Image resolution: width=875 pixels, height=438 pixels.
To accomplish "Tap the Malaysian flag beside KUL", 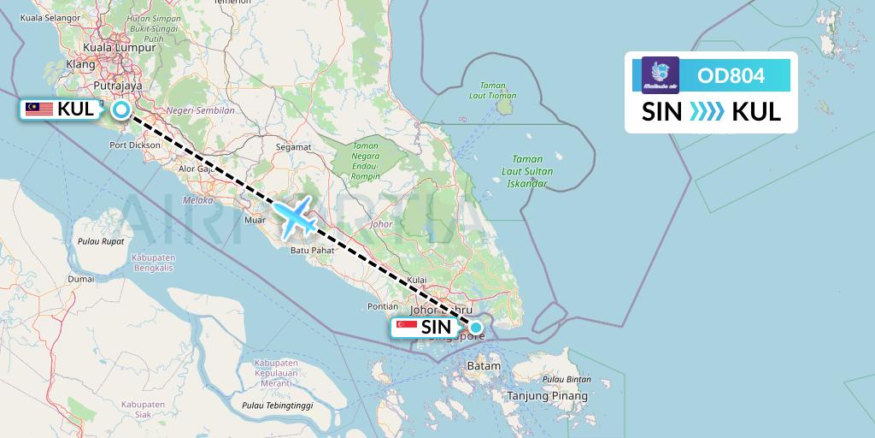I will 39,109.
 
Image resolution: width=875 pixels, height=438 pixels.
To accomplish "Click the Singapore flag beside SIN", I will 408,327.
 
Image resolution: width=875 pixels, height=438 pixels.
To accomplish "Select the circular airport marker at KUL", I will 121,109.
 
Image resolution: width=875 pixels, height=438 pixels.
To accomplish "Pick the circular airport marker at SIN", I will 476,327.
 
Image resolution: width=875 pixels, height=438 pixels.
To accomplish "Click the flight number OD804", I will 731,75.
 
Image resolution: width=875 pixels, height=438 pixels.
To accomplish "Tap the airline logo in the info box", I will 661,75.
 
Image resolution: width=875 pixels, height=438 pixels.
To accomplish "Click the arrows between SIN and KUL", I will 706,111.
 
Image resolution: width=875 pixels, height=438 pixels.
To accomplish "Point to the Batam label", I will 483,365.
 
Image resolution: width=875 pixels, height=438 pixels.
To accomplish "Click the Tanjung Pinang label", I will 547,396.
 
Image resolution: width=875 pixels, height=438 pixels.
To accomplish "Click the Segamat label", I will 292,146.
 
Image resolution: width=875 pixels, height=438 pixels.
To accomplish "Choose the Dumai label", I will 81,279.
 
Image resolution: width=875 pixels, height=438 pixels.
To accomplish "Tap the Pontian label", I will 381,305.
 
